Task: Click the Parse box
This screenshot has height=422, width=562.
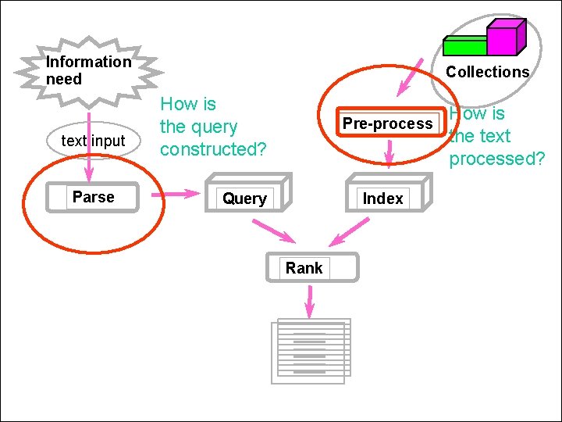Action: [x=93, y=197]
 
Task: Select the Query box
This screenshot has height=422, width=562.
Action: [x=245, y=198]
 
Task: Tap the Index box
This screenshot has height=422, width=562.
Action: [x=383, y=198]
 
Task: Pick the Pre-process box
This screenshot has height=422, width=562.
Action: [x=388, y=123]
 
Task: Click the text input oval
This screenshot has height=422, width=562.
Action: [x=93, y=141]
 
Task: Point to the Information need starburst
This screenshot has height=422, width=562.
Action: [x=87, y=70]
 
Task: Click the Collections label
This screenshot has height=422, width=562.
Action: [x=488, y=72]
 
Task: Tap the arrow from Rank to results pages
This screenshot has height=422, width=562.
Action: [x=311, y=301]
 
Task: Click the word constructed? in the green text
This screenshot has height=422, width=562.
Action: [x=213, y=148]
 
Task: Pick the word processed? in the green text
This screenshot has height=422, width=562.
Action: [x=497, y=159]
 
